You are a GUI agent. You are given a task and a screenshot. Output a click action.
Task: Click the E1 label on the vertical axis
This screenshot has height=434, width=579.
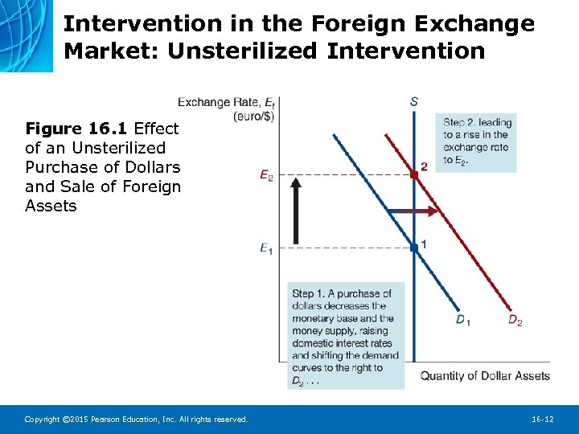pyautogui.click(x=266, y=249)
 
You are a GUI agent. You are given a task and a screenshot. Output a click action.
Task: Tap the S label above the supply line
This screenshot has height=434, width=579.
pyautogui.click(x=413, y=101)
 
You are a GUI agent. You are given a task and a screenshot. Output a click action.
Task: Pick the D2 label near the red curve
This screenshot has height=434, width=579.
pyautogui.click(x=515, y=321)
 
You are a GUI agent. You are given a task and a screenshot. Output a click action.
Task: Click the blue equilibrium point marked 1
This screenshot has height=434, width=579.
pyautogui.click(x=413, y=248)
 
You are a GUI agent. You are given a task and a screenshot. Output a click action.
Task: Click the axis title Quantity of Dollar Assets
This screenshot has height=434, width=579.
pyautogui.click(x=485, y=375)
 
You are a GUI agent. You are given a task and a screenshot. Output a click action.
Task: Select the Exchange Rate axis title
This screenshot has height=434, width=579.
pyautogui.click(x=220, y=102)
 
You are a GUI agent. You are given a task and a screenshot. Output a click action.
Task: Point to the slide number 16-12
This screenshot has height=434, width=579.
pyautogui.click(x=542, y=419)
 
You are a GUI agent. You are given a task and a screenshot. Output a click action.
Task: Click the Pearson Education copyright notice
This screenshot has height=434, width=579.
pyautogui.click(x=137, y=419)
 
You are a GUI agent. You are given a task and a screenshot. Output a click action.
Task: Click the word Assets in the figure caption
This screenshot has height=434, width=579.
pyautogui.click(x=51, y=206)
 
